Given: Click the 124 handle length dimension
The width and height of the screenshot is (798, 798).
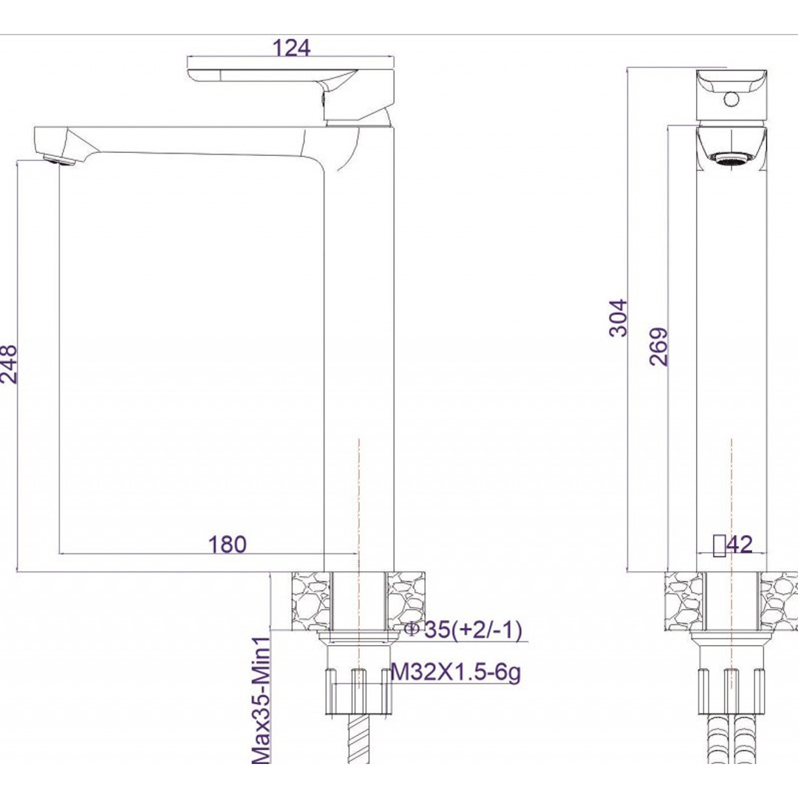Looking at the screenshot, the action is tap(292, 48).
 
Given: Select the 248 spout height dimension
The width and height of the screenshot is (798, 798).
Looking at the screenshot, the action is tap(9, 364).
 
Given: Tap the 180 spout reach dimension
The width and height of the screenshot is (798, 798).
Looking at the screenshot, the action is tap(227, 544).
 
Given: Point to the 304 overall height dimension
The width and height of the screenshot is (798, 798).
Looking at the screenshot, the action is tap(619, 318).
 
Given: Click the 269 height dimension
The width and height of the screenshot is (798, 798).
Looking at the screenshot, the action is tap(658, 347).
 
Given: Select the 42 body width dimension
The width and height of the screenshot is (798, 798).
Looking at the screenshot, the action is tap(740, 544).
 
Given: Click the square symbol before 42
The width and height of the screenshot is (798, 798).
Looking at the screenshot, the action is tap(720, 545).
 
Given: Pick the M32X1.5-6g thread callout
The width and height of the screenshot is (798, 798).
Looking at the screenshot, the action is tap(456, 673).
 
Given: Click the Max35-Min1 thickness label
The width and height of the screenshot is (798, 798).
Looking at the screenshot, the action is tap(261, 700).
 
